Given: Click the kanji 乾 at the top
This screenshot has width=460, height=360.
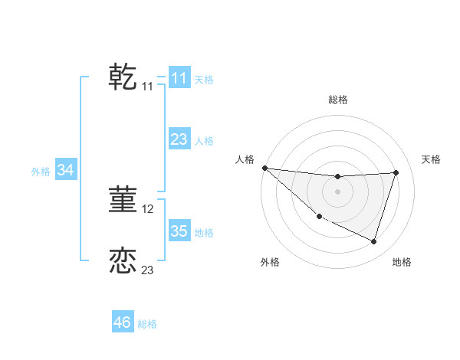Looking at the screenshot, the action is pos(123,77).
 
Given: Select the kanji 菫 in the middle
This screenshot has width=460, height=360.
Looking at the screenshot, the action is pos(123,199).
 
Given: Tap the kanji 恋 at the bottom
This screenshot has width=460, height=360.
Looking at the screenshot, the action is pos(123,260).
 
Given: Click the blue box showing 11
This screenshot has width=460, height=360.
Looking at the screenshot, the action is pos(179,78).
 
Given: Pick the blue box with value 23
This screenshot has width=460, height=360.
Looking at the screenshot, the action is pos(179,139).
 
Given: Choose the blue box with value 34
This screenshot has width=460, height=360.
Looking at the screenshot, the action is pos(66,171).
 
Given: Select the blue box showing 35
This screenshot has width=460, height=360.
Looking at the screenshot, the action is pos(179,231).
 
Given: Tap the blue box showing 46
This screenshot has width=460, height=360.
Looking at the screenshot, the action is pos(123,322).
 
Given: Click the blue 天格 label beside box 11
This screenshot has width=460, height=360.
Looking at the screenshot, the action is pos(204,79).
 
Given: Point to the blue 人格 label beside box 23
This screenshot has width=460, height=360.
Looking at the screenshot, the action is pos(204,141).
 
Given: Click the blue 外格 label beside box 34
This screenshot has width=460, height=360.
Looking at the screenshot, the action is pos(41,172).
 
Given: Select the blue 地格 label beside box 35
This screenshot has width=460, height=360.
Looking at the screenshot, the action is pos(204,233).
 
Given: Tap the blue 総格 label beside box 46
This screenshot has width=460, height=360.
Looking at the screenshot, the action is pos(147,324).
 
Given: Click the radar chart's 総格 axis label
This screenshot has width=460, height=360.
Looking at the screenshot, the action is pos(338,100).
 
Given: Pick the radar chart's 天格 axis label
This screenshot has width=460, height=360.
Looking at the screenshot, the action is pos(432,159).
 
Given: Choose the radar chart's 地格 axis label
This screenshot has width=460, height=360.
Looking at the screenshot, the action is pos(402,262).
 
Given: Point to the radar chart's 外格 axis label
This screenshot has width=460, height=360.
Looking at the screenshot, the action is pos(270,262).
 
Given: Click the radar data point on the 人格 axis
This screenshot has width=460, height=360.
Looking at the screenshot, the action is pos(264,168).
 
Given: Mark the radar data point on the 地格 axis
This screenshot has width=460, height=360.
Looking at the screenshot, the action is pos(373,241).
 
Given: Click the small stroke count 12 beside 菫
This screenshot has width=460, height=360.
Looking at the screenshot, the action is pos(148,208).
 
